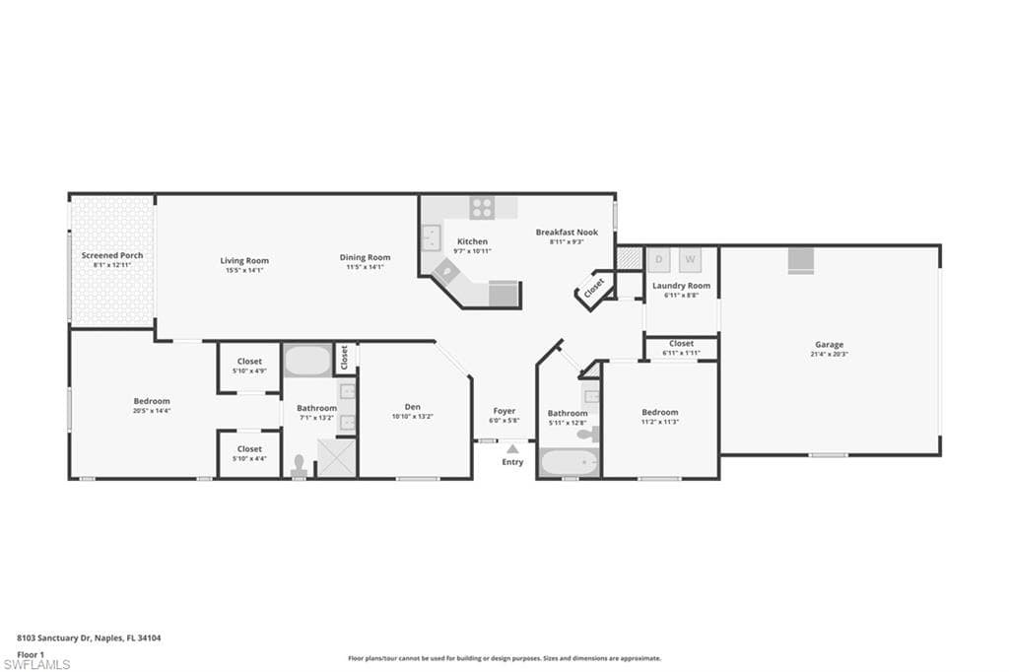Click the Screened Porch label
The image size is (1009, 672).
(x=111, y=255)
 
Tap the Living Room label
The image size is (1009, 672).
(x=244, y=260)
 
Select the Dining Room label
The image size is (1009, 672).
(x=365, y=258)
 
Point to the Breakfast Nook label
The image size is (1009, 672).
(x=567, y=233)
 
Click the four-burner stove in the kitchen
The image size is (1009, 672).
(x=482, y=208)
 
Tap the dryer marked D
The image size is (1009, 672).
(x=659, y=259)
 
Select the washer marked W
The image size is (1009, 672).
(x=690, y=259)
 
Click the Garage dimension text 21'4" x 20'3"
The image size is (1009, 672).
(x=829, y=354)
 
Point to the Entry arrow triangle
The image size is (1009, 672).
(x=512, y=449)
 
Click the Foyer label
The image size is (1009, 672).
(x=504, y=411)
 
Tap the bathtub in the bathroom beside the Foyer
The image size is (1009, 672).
(x=570, y=462)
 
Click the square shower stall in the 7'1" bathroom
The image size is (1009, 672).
(x=336, y=458)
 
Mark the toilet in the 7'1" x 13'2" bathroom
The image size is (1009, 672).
(x=300, y=463)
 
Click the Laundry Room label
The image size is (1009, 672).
(x=681, y=286)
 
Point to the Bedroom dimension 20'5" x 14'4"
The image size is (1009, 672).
(x=152, y=411)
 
